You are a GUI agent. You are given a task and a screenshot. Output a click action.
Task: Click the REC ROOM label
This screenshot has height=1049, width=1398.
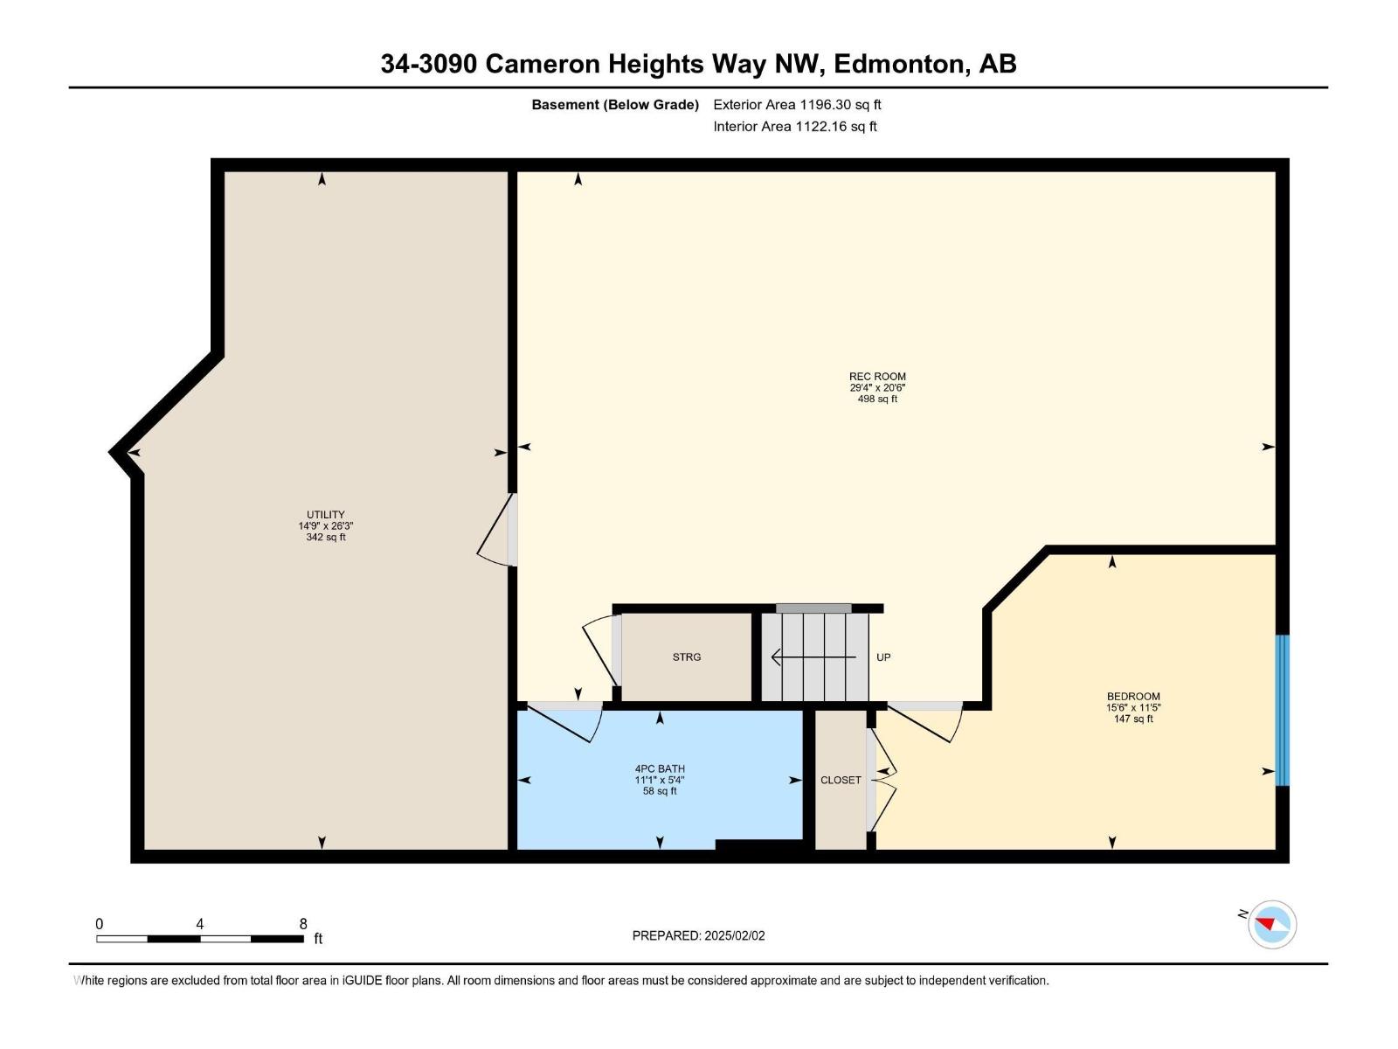877,377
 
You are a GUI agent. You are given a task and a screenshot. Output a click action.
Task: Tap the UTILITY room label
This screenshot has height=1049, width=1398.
325,515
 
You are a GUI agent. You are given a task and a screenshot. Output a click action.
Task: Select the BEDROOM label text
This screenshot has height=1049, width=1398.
1133,697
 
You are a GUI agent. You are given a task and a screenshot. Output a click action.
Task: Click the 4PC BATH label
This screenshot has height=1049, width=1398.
660,769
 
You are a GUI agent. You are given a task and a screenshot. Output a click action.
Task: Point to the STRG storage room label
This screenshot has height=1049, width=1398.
687,657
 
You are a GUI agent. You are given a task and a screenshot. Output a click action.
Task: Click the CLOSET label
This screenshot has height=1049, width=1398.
841,780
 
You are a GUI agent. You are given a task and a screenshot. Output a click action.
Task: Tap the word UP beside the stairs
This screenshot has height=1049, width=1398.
883,657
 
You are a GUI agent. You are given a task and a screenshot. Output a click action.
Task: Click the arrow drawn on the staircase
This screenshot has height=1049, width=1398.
813,656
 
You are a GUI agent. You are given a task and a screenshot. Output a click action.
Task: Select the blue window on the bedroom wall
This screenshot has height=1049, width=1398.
1282,710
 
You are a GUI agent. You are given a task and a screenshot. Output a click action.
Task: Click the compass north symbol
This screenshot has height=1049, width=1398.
1271,924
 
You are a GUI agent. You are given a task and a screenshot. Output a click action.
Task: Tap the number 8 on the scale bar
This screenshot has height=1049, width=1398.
303,924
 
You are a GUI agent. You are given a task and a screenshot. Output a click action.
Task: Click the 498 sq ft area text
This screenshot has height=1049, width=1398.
877,399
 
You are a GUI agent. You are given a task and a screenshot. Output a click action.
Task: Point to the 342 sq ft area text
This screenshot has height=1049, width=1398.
325,538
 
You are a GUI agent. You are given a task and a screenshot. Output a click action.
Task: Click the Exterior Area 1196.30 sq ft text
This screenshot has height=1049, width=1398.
797,105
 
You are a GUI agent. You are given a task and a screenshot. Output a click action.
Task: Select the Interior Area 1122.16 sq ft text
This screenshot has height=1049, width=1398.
794,127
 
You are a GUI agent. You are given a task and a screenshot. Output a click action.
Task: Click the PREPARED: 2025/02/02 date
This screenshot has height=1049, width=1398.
698,935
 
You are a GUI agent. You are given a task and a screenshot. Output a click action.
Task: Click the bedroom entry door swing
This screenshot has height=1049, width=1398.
926,720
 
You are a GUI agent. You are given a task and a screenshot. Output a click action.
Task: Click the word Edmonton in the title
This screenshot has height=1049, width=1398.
899,64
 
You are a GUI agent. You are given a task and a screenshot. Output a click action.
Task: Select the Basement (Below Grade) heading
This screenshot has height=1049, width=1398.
615,105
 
